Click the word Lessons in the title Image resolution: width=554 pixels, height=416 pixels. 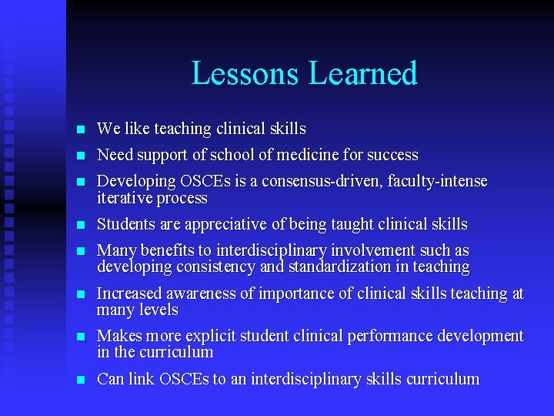pos(245,74)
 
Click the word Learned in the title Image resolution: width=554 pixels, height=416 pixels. pos(362,74)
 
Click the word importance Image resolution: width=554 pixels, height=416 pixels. pos(292,294)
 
